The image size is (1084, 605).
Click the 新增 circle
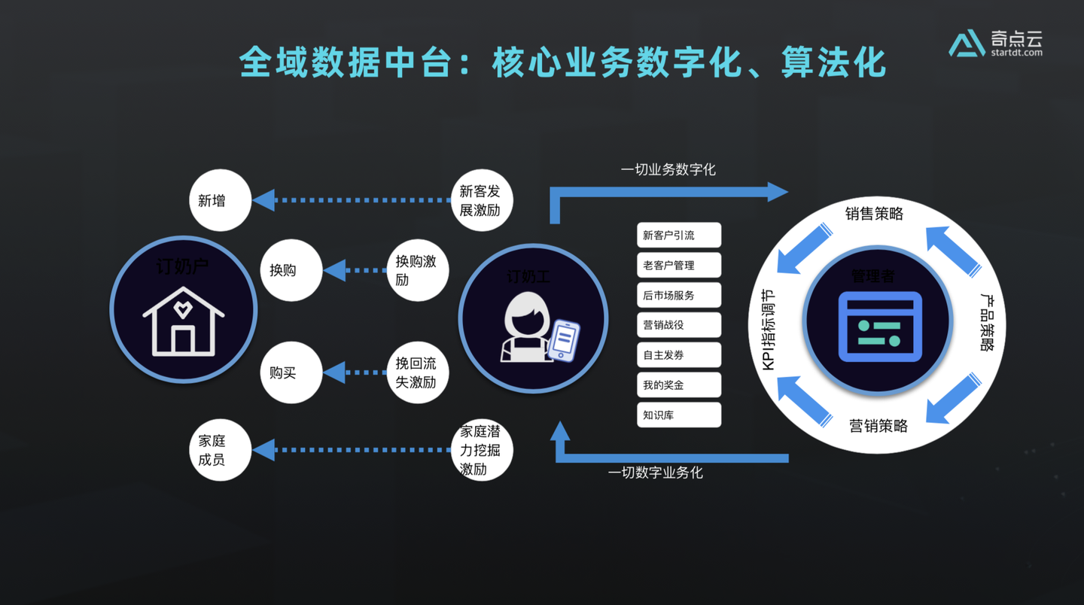pyautogui.click(x=220, y=201)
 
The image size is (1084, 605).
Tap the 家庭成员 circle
pyautogui.click(x=220, y=450)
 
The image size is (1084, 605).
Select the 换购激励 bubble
pyautogui.click(x=417, y=270)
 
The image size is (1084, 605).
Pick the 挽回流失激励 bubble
pyautogui.click(x=417, y=372)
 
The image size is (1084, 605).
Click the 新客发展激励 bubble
pyautogui.click(x=480, y=201)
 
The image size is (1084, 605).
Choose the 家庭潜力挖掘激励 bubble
pyautogui.click(x=480, y=450)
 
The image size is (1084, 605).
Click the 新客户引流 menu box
pyautogui.click(x=678, y=235)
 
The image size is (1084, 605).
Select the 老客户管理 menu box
pyautogui.click(x=678, y=265)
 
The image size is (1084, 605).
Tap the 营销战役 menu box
pyautogui.click(x=678, y=325)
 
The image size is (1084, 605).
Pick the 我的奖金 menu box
pyautogui.click(x=678, y=385)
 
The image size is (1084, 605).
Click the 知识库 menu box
pyautogui.click(x=678, y=415)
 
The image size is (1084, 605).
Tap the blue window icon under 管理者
pyautogui.click(x=880, y=327)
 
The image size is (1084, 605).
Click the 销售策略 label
pyautogui.click(x=874, y=214)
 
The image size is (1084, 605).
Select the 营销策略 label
pyautogui.click(x=878, y=426)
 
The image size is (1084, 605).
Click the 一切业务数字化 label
pyautogui.click(x=668, y=170)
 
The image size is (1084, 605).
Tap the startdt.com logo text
pyautogui.click(x=1016, y=53)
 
